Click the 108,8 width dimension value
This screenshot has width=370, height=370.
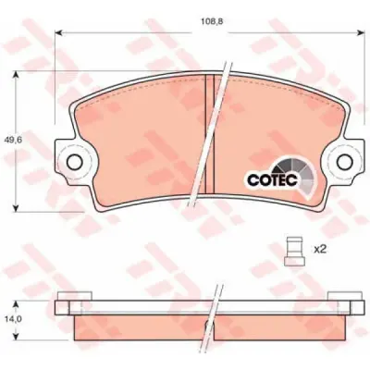(x=209, y=22)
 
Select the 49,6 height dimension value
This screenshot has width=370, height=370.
(x=12, y=140)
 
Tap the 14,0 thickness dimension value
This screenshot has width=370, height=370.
(x=12, y=319)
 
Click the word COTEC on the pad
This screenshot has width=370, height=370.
(x=272, y=180)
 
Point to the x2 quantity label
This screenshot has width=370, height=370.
(x=320, y=250)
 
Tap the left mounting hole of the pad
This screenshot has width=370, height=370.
(x=74, y=162)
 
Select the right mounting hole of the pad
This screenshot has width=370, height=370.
(x=345, y=162)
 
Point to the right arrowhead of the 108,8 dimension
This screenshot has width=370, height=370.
(x=360, y=32)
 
